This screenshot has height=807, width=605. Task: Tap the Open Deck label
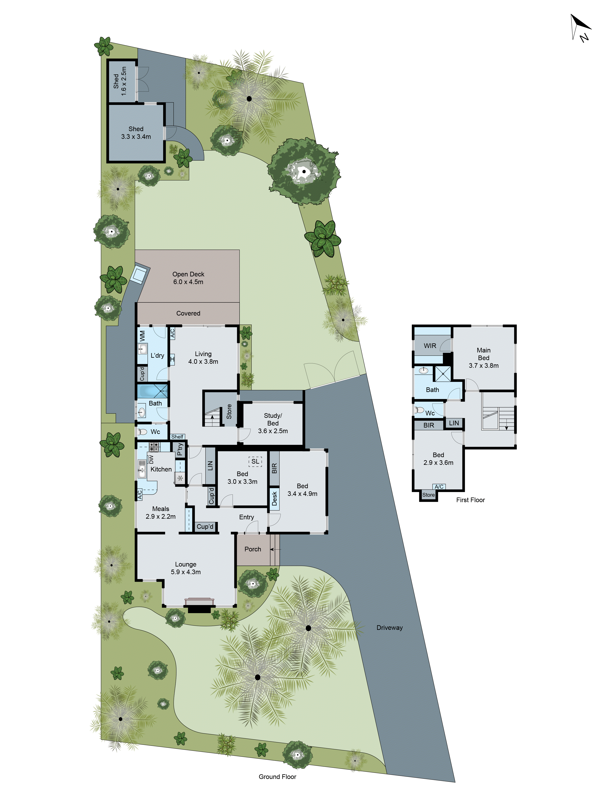188,278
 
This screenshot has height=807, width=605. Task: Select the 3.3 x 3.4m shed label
136,133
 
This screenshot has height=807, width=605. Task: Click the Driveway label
389,627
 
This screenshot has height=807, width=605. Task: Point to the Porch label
253,549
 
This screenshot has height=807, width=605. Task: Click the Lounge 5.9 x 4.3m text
186,568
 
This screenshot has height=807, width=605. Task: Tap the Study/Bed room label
273,423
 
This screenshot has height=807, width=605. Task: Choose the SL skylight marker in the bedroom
255,462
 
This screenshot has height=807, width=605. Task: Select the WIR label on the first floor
430,346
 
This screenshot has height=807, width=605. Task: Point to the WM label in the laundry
142,336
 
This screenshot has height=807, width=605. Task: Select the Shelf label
177,437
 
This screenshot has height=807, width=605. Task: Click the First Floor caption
470,500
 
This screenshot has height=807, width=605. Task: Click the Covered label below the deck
188,313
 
